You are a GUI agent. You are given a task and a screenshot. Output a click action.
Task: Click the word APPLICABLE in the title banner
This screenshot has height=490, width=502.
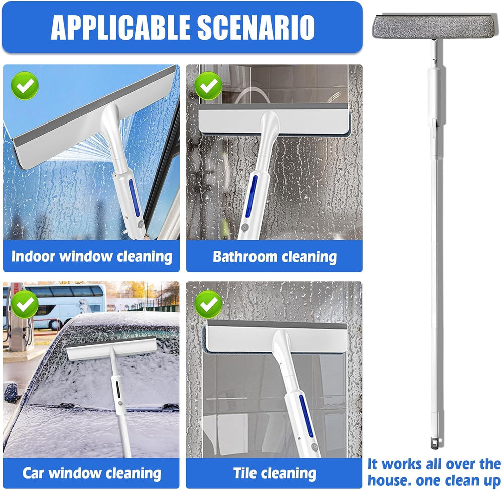pos(120,27)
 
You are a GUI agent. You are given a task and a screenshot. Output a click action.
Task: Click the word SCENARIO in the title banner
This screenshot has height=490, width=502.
pos(256,27)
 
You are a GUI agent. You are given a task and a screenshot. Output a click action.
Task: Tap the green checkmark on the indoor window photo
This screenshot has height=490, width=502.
pos(25,86)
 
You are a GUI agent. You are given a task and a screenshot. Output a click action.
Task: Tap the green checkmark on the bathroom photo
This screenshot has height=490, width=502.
pos(208,86)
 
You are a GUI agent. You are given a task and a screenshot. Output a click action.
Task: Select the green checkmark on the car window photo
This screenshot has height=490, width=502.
pos(25,304)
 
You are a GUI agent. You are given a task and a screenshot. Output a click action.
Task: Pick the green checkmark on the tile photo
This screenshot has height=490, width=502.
pos(208,304)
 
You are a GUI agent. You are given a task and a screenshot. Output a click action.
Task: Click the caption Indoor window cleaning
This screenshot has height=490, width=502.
pos(91,257)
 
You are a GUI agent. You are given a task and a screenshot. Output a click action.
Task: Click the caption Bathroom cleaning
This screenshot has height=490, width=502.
pos(275,257)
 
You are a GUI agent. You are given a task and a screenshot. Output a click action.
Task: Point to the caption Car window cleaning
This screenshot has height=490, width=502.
pos(91,473)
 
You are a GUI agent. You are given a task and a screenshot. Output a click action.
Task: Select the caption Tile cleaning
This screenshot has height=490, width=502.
pos(275,473)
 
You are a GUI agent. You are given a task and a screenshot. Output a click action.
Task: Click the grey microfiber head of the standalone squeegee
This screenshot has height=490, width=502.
pos(435,26)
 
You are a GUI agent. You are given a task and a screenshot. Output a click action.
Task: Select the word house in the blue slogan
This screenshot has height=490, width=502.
pos(389,480)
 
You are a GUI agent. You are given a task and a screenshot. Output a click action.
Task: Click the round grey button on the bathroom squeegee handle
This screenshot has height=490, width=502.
pos(245,228)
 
